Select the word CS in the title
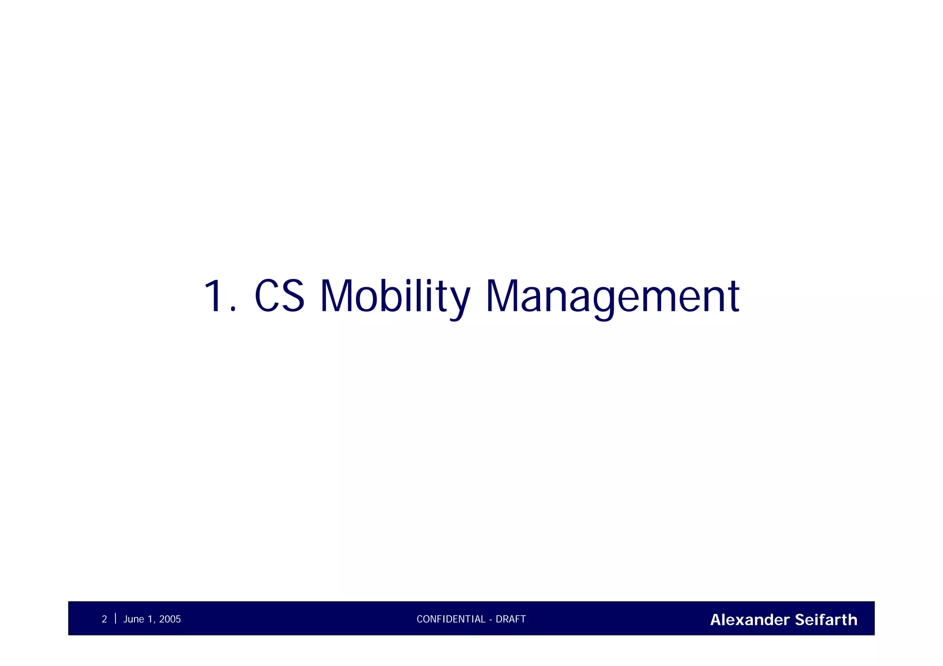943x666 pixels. click(279, 296)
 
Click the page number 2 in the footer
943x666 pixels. click(105, 620)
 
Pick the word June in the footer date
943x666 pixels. click(134, 620)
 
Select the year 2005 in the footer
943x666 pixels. click(170, 620)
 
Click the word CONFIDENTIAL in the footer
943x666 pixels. click(451, 620)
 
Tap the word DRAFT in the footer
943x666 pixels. click(511, 620)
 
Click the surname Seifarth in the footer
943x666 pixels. click(826, 620)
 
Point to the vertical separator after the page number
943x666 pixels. click(115, 619)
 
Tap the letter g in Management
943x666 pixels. click(604, 301)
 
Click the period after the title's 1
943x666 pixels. click(233, 310)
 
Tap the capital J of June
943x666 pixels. click(126, 620)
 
